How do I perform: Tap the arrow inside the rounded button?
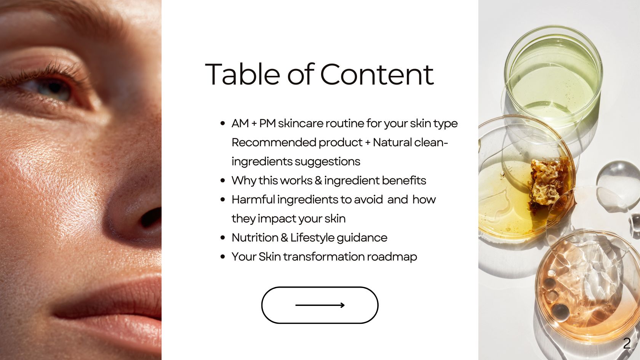point(320,305)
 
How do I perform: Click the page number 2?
point(627,344)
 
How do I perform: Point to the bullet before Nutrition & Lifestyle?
point(223,238)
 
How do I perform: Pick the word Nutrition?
point(255,238)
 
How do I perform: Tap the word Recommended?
point(274,142)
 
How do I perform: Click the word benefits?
point(404,181)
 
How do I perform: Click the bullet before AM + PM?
point(223,123)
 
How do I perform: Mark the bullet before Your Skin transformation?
point(223,257)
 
